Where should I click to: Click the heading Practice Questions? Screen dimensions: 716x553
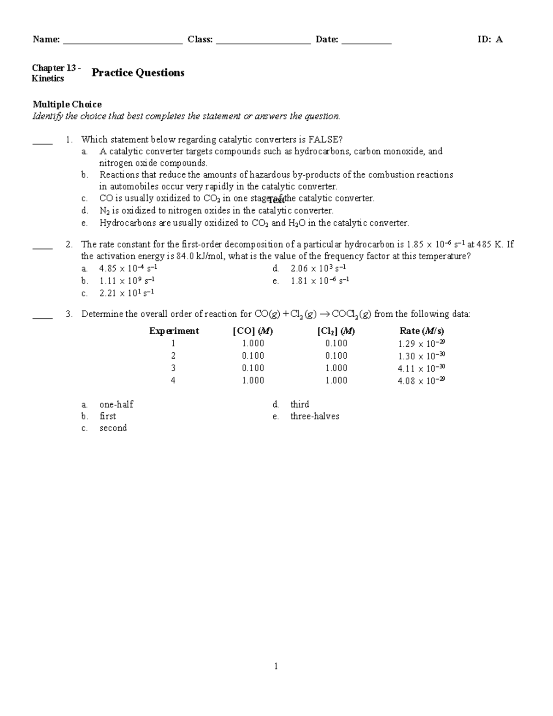click(x=138, y=73)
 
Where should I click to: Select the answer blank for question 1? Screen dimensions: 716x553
click(x=42, y=143)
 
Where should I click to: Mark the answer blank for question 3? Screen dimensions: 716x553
click(x=42, y=318)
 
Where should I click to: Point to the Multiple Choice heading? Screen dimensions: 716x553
click(x=67, y=104)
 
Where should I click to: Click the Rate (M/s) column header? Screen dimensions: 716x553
click(x=422, y=331)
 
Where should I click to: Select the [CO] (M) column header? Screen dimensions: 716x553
click(x=253, y=331)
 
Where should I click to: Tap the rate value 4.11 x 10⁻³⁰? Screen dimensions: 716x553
click(x=421, y=368)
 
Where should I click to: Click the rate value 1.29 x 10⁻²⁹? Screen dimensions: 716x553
click(x=421, y=343)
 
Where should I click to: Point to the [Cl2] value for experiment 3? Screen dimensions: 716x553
click(x=336, y=368)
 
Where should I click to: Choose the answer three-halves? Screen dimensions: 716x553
click(x=315, y=416)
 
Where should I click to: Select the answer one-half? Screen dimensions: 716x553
click(x=116, y=404)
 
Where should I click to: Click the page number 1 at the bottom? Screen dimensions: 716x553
click(x=276, y=666)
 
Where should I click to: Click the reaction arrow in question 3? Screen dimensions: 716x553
click(x=324, y=314)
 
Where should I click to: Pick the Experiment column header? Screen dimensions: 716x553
click(x=174, y=331)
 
